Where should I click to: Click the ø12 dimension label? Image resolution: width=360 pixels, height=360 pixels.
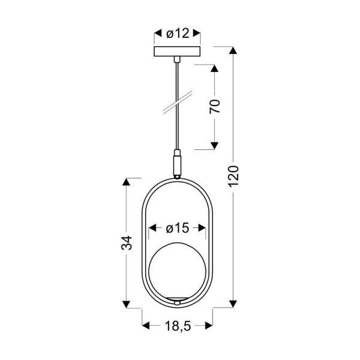click(x=177, y=34)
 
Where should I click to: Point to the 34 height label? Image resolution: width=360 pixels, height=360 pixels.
click(x=126, y=242)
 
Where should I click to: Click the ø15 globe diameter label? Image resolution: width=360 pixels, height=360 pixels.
click(x=177, y=228)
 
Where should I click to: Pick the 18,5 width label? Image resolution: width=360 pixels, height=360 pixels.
click(x=177, y=327)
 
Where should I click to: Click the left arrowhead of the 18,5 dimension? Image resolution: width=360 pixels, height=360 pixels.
click(x=146, y=327)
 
